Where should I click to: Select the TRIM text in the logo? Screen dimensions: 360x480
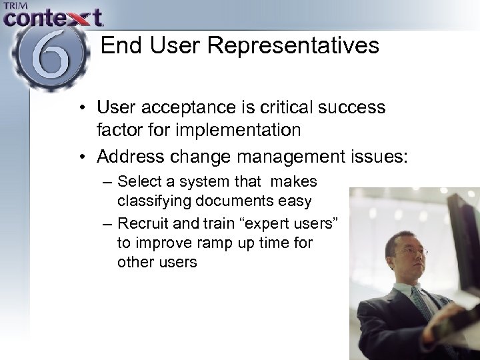click(x=16, y=6)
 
